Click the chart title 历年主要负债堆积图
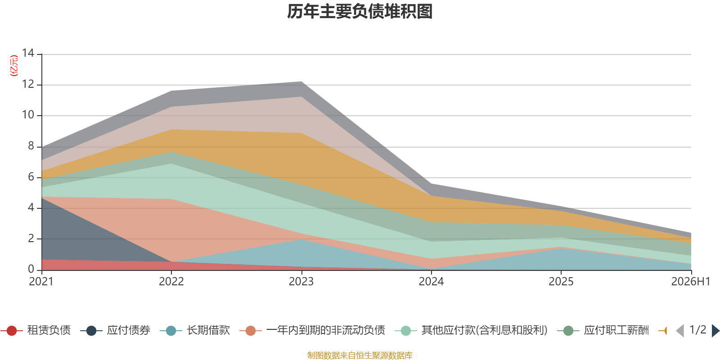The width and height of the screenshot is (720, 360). coord(360,12)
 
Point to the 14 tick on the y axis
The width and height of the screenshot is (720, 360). coord(28,53)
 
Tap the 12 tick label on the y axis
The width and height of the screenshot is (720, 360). coord(28,84)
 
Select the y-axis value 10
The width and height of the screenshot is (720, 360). coord(28,115)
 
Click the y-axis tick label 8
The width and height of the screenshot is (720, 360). coord(31,146)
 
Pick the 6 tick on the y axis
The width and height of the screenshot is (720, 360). coord(31,177)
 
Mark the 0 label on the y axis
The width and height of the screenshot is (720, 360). coord(31,269)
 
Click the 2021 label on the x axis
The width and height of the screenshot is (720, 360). coord(41,282)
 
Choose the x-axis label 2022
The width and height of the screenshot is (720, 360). coord(171,282)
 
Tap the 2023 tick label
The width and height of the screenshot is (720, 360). coord(301,282)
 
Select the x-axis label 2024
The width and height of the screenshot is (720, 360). coord(431,282)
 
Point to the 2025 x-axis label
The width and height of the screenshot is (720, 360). coord(561,282)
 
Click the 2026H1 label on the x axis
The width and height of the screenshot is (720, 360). coord(691,282)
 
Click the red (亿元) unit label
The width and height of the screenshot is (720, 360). coord(14,66)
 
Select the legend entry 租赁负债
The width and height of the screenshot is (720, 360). coord(36,330)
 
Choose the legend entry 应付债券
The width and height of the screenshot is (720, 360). coord(115,330)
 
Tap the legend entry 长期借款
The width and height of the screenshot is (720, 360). coord(195,330)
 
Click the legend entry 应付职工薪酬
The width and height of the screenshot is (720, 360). coord(603,330)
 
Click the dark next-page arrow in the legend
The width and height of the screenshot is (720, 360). coord(715,331)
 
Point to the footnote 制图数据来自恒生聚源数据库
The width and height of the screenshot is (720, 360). coord(360,355)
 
